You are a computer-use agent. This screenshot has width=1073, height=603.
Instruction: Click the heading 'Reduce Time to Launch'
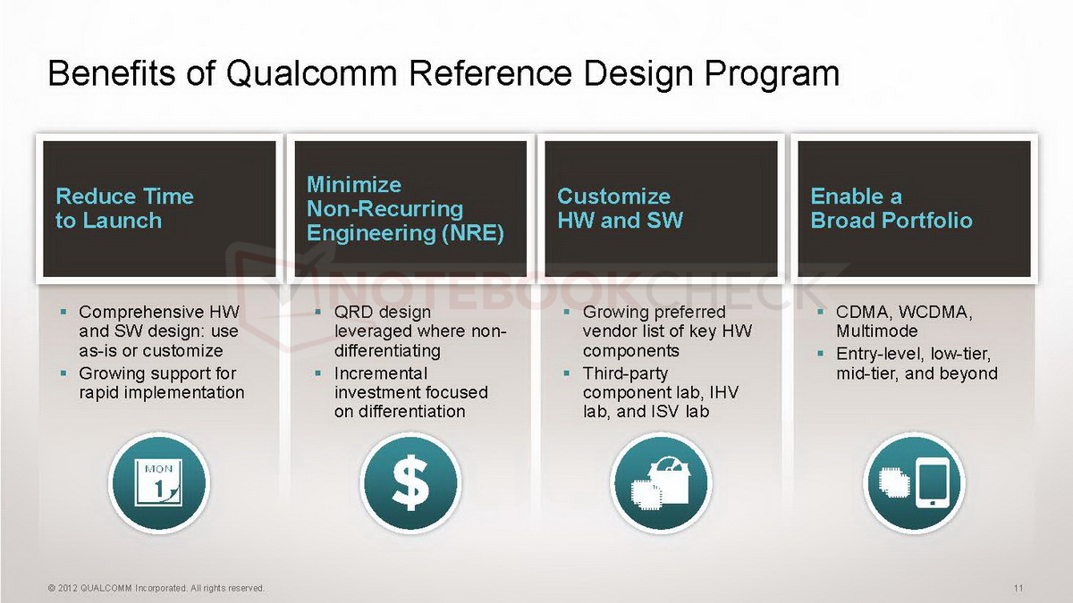pos(124,208)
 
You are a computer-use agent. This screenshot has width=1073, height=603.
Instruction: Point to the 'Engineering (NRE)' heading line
pos(405,233)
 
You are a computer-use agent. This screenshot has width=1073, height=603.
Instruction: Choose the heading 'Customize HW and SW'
pos(620,208)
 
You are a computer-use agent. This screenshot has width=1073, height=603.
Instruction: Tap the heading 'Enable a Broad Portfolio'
pos(891,208)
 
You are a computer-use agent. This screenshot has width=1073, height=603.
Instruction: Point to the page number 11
pos(1018,588)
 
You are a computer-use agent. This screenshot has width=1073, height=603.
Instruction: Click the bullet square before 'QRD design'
pos(317,313)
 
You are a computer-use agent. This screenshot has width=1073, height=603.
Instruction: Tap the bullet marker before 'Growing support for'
pos(63,373)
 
